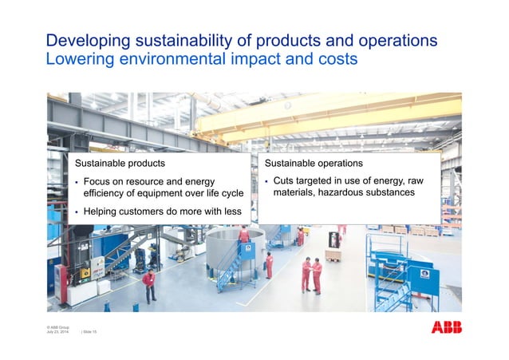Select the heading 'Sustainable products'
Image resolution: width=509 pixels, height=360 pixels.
119,163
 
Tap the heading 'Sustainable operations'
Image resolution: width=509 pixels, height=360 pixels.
314,163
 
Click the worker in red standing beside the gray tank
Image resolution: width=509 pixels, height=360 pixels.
269,264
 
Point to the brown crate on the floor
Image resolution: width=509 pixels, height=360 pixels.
333,255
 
